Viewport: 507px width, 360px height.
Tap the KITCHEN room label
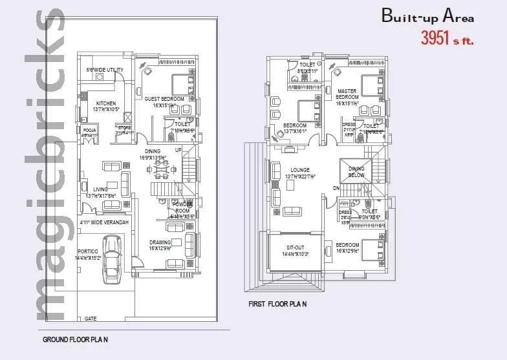point(105,103)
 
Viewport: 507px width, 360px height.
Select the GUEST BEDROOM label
point(164,99)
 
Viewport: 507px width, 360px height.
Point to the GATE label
point(91,319)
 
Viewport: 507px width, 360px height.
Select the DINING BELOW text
point(356,172)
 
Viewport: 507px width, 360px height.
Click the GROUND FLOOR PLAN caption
point(75,339)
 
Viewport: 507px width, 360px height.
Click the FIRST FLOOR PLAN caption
point(277,303)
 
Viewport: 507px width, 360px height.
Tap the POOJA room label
point(89,130)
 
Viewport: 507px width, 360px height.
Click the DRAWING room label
point(160,242)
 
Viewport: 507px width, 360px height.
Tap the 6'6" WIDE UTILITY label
point(105,70)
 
